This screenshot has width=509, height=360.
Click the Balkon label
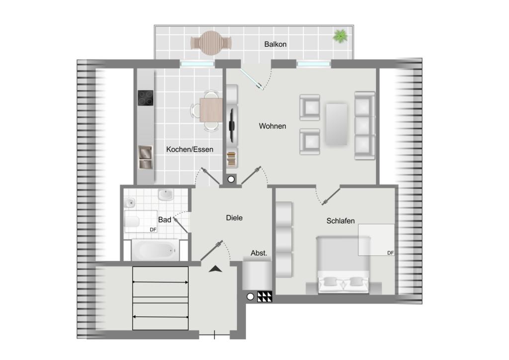[275, 44]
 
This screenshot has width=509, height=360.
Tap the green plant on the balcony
[340, 36]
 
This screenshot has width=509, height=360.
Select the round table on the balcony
[211, 43]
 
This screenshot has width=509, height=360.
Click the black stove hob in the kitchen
[146, 98]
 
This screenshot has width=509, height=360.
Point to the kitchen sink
[146, 158]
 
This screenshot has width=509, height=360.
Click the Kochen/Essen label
[189, 149]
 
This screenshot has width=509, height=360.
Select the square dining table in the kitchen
[211, 110]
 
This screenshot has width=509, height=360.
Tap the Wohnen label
[272, 126]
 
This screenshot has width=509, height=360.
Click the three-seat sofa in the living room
[364, 126]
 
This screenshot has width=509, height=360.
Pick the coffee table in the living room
[337, 124]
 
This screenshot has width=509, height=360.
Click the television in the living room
[232, 125]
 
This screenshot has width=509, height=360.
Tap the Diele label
[234, 218]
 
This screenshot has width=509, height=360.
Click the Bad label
[165, 220]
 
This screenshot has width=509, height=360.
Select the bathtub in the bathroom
[156, 250]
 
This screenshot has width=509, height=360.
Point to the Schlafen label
[340, 221]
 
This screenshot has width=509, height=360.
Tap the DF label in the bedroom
[390, 253]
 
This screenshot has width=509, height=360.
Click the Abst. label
[258, 253]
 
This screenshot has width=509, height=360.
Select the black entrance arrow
[215, 269]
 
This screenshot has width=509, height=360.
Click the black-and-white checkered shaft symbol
[264, 297]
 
